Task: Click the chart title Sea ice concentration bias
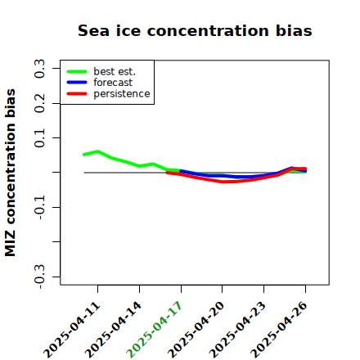click(195, 30)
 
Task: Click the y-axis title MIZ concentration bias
click(11, 173)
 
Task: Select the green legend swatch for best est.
click(77, 72)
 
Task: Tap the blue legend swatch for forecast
click(77, 83)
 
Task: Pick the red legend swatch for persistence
click(77, 94)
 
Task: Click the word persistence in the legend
click(122, 94)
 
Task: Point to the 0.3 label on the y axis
click(40, 69)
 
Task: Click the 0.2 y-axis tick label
click(40, 103)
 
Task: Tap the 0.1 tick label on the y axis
click(40, 138)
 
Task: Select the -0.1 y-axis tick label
click(40, 208)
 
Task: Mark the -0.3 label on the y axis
click(40, 277)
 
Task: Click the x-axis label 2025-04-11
click(72, 330)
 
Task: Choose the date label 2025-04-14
click(113, 330)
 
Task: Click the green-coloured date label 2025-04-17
click(154, 330)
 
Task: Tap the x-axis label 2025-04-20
click(196, 330)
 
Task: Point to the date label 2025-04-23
click(237, 330)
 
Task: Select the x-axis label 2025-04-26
click(279, 330)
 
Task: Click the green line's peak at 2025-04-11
click(98, 151)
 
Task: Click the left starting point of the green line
click(84, 155)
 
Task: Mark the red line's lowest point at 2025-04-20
click(223, 182)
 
